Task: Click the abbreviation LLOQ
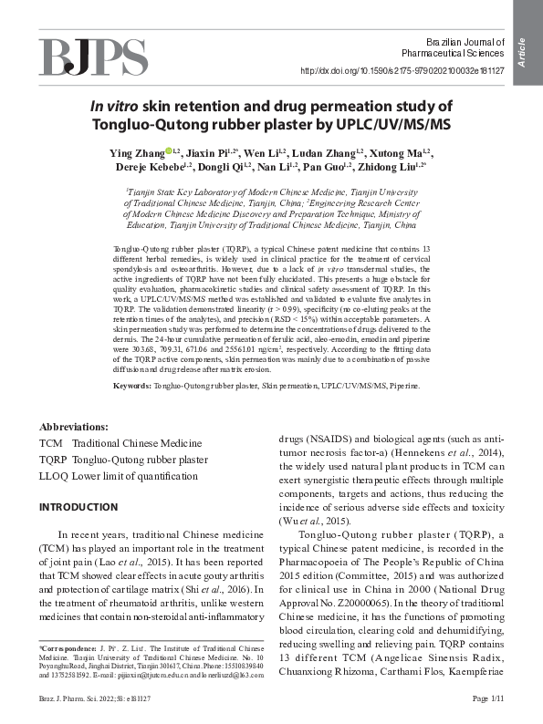pos(53,475)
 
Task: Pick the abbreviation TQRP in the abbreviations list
pos(51,459)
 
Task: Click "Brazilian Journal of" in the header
pos(465,43)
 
